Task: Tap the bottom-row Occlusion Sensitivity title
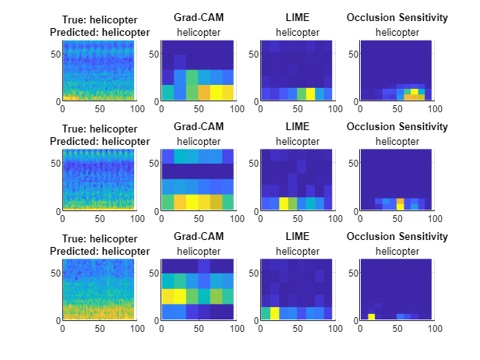(397, 236)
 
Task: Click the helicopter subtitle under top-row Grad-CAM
(196, 32)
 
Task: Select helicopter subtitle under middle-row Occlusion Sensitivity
(397, 141)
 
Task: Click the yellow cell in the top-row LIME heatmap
(310, 94)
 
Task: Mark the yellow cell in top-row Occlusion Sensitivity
(415, 92)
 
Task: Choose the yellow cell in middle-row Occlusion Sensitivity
(400, 202)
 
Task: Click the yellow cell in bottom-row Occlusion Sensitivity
(372, 316)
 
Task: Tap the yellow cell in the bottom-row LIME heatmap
(274, 313)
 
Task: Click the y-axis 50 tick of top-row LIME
(252, 53)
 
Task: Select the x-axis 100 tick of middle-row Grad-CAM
(235, 219)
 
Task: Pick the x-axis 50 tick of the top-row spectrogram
(99, 109)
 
